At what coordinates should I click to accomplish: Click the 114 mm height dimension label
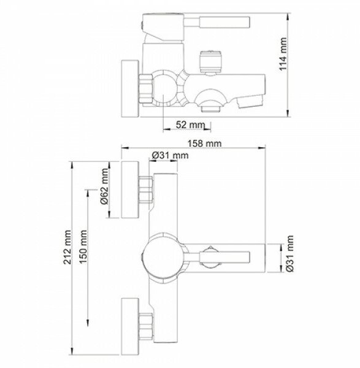click(283, 54)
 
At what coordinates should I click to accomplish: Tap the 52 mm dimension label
click(190, 125)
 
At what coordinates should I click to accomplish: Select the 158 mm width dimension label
click(204, 144)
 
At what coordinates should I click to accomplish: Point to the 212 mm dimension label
click(67, 247)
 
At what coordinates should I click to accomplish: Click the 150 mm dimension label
click(83, 247)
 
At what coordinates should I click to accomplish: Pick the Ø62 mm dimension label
click(104, 186)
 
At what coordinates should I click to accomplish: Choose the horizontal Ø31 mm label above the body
click(170, 155)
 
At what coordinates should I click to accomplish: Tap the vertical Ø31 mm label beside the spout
click(290, 253)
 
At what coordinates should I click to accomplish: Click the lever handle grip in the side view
click(224, 22)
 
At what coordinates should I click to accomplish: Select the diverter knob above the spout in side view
click(210, 61)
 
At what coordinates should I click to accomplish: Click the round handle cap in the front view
click(163, 258)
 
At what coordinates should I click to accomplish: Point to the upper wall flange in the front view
click(130, 190)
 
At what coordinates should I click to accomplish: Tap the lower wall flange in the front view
click(130, 326)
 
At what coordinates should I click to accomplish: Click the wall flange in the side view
click(130, 89)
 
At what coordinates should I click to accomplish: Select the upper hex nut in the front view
click(146, 190)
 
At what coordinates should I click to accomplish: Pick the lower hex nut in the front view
click(146, 326)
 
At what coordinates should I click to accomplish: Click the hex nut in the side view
click(146, 89)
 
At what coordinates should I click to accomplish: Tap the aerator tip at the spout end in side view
click(250, 101)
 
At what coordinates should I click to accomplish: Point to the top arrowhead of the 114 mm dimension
click(288, 16)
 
